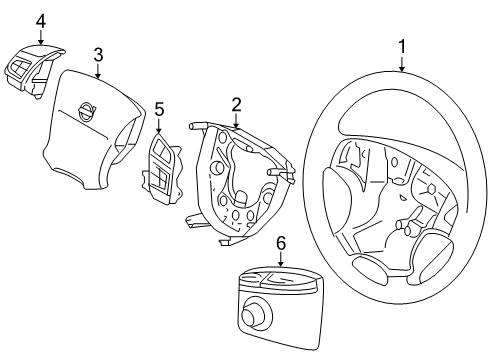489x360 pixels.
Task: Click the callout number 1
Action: tap(402, 47)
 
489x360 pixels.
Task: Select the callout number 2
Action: tap(236, 104)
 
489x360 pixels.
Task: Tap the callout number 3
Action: tap(98, 55)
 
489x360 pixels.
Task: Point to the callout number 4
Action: tap(41, 21)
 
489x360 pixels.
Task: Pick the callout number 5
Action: tap(159, 110)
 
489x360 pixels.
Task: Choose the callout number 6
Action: tap(281, 243)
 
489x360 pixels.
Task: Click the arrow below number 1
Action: tap(402, 64)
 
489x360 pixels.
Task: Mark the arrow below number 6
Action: tap(281, 259)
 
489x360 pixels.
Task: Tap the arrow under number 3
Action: tap(98, 71)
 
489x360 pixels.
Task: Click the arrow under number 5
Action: tap(159, 126)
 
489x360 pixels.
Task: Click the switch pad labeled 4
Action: tap(34, 70)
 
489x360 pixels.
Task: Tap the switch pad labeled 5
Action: tap(163, 167)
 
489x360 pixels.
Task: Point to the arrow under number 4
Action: tap(41, 37)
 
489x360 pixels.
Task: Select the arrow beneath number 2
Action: tap(236, 121)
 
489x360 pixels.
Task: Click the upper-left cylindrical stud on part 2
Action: tap(198, 126)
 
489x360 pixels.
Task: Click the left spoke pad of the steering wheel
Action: tap(337, 200)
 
